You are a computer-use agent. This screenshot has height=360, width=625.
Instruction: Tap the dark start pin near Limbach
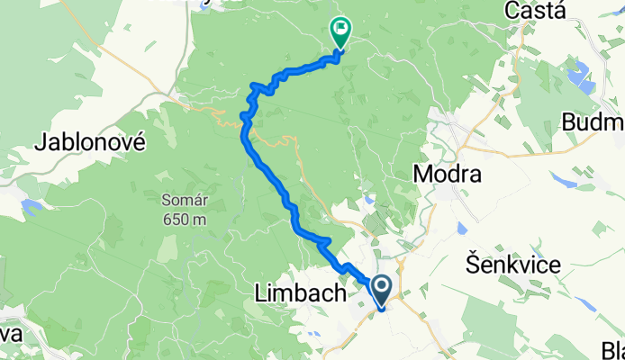click(381, 292)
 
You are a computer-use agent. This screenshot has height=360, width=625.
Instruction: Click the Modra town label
click(448, 174)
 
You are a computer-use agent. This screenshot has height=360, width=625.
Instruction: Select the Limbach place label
click(301, 292)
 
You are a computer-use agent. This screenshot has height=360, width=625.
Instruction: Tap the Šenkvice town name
click(512, 265)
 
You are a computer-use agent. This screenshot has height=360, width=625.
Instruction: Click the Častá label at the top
click(535, 12)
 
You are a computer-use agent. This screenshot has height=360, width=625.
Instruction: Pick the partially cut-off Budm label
click(593, 121)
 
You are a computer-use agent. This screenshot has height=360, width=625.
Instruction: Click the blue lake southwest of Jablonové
click(32, 207)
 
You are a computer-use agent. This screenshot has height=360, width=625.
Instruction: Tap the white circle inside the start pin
click(381, 287)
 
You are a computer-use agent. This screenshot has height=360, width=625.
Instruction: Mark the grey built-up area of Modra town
click(448, 126)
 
